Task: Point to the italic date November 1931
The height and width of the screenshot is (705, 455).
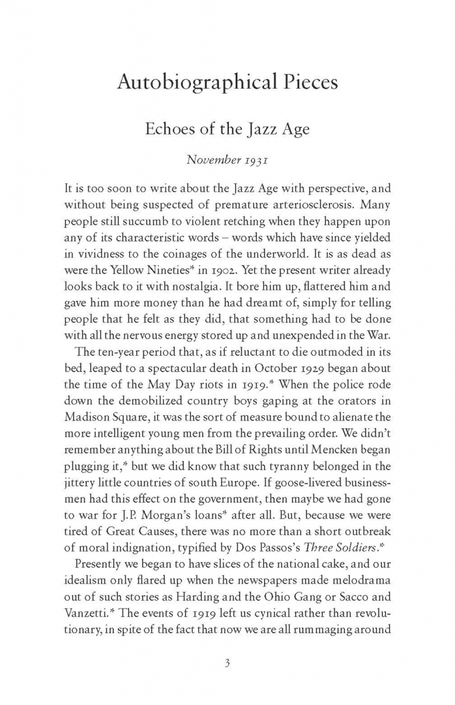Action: coord(227,159)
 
